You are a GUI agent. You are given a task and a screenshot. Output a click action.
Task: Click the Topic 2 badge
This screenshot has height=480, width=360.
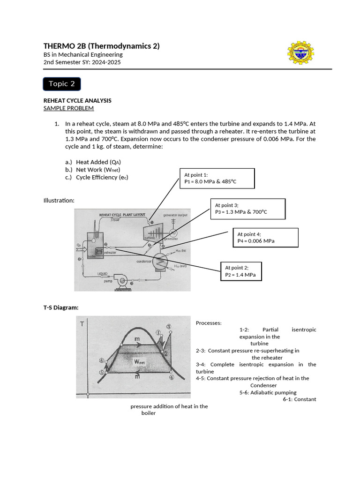click(x=62, y=84)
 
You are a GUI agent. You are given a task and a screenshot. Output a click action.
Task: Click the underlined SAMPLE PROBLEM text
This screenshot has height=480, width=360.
click(x=68, y=108)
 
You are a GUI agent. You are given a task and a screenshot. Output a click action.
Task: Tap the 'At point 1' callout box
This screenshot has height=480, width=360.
click(x=217, y=178)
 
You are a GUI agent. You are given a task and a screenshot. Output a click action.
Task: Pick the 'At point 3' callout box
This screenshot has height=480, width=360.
click(x=248, y=209)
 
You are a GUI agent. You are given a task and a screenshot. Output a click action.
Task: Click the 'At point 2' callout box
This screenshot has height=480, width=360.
click(x=241, y=271)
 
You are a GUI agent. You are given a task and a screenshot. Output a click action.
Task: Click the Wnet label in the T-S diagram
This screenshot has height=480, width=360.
click(x=139, y=361)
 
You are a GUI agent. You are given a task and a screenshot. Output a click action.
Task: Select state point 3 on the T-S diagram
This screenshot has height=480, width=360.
click(x=169, y=327)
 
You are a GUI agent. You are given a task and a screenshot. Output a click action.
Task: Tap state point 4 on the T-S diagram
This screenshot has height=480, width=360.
click(x=172, y=377)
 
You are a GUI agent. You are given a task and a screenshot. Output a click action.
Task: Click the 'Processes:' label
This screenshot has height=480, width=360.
click(x=209, y=323)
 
